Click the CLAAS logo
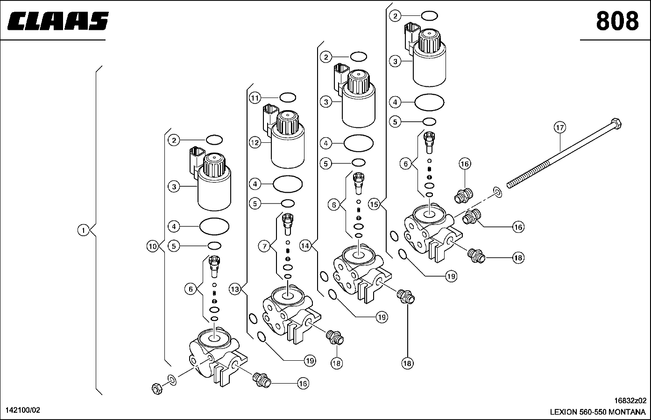pos(58,21)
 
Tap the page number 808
pos(617,21)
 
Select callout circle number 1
pos(84,231)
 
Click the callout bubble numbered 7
pos(264,247)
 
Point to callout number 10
pos(152,246)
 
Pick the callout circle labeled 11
pos(255,98)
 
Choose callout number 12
pos(255,143)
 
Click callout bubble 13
pos(235,289)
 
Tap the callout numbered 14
pos(305,246)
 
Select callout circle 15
pos(374,204)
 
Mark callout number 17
pos(560,127)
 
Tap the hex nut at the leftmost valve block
pos(157,388)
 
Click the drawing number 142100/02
pos(23,410)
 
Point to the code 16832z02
pos(630,400)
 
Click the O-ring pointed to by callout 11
pos(288,98)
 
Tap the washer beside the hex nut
pos(172,380)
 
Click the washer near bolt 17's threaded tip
pos(497,192)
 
